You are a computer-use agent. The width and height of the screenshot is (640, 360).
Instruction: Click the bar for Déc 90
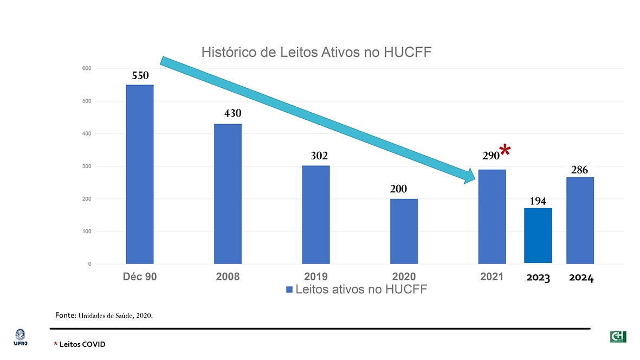pyautogui.click(x=140, y=174)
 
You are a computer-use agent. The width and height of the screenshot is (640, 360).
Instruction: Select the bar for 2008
pyautogui.click(x=228, y=194)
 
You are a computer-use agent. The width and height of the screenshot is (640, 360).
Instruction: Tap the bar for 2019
pyautogui.click(x=316, y=215)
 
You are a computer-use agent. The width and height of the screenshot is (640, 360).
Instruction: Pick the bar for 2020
pyautogui.click(x=404, y=232)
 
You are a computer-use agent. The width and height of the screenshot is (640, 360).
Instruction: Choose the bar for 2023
pyautogui.click(x=538, y=235)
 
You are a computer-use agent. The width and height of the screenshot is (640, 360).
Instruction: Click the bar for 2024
pyautogui.click(x=579, y=220)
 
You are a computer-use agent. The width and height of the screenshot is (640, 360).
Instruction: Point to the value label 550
pyautogui.click(x=140, y=76)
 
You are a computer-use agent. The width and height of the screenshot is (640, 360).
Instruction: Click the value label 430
pyautogui.click(x=232, y=114)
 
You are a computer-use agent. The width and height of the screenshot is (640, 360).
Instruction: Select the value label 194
pyautogui.click(x=538, y=201)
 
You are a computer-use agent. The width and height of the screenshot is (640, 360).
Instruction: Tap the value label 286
pyautogui.click(x=579, y=170)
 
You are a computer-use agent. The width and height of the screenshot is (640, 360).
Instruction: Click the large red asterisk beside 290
pyautogui.click(x=505, y=150)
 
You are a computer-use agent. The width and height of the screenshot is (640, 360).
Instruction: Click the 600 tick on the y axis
pyautogui.click(x=87, y=68)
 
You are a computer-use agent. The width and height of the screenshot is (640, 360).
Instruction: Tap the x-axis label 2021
pyautogui.click(x=492, y=277)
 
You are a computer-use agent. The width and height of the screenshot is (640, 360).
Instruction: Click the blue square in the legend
pyautogui.click(x=289, y=290)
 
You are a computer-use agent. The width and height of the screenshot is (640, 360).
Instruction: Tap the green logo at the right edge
pyautogui.click(x=618, y=337)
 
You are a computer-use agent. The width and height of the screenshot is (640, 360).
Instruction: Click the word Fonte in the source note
pyautogui.click(x=64, y=314)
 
